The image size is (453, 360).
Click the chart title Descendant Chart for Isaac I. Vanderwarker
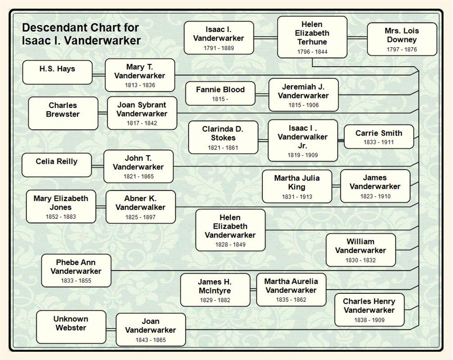point(81,34)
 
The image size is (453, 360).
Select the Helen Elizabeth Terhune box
point(312,37)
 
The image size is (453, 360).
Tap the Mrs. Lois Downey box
point(402,39)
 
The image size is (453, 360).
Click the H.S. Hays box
point(57,72)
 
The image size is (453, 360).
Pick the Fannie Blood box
point(220,94)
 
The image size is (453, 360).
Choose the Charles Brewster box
point(63,113)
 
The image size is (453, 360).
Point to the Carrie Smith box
point(378,136)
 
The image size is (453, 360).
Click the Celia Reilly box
point(57,165)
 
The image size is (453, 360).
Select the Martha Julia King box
point(297,186)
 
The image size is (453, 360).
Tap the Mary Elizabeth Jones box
point(61,207)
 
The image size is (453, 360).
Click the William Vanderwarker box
point(360,250)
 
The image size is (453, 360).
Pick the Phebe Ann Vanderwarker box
point(76,270)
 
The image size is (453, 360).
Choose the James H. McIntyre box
point(215,290)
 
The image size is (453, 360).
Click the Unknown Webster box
point(71,327)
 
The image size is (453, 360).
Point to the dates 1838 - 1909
point(369,320)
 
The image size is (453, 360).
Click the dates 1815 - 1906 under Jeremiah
point(303,105)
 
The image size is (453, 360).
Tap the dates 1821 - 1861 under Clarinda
point(223,148)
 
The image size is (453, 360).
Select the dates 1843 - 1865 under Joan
point(151,340)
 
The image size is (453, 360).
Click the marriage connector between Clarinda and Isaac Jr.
point(263,140)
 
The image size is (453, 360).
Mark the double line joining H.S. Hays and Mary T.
point(99,75)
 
